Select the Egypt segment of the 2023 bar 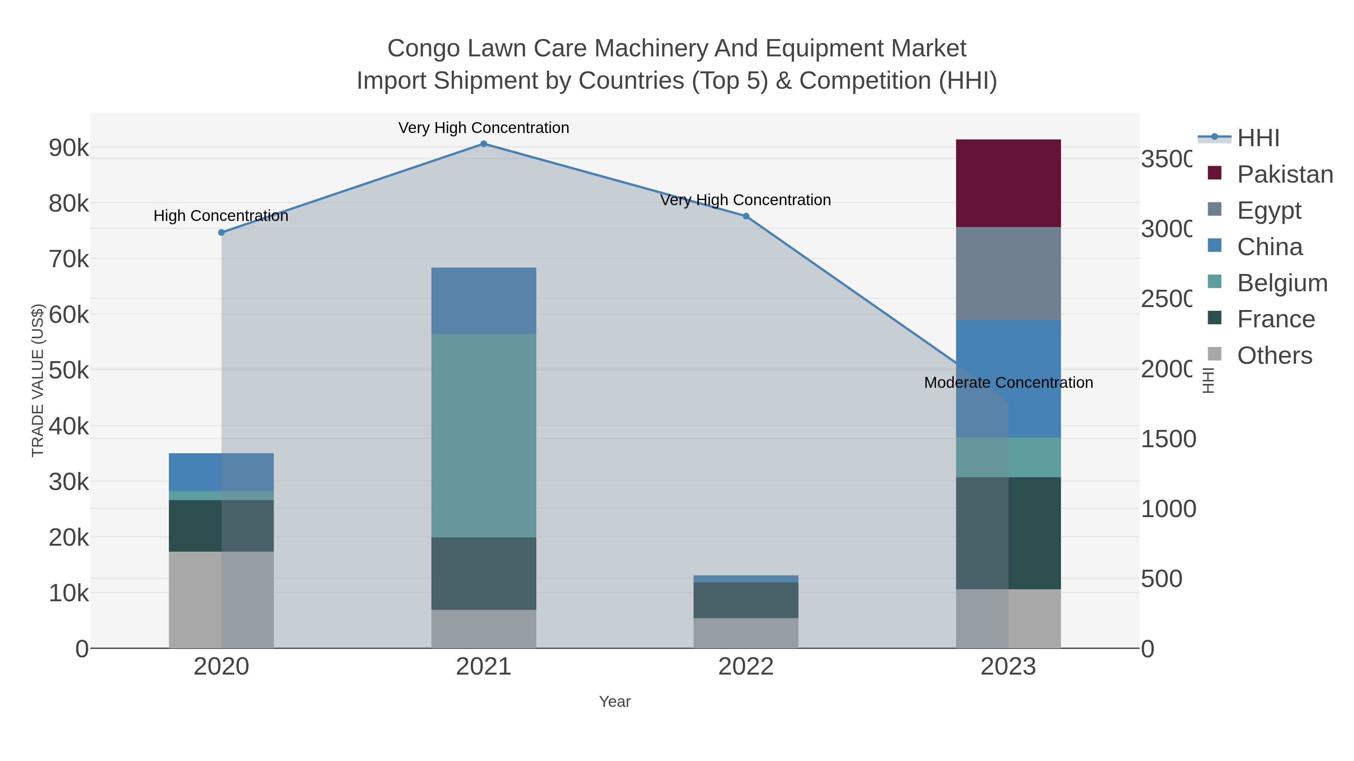[1008, 273]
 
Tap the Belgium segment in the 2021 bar [484, 436]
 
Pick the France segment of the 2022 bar [745, 600]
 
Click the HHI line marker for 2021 [484, 144]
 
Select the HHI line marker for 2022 [745, 216]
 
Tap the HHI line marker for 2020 [221, 232]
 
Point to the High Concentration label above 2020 [221, 216]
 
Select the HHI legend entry [1257, 138]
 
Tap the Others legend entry [1274, 356]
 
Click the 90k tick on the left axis [68, 148]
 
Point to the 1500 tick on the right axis [1168, 439]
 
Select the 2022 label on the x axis [745, 666]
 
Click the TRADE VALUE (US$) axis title [38, 380]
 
